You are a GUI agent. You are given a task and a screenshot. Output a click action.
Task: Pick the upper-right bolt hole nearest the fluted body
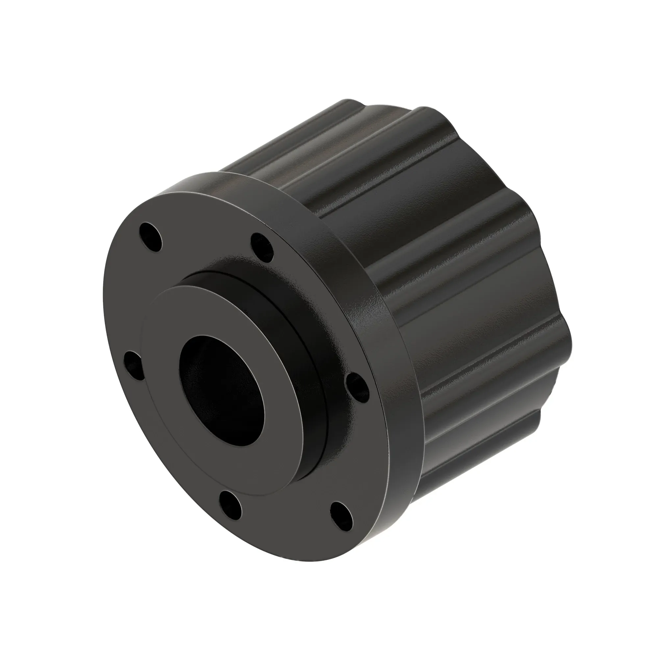(x=262, y=247)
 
